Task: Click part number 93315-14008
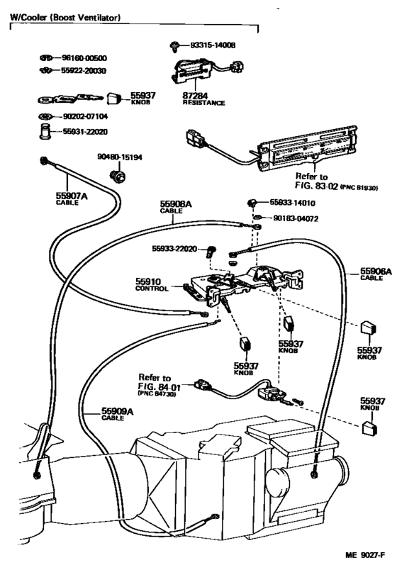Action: point(210,45)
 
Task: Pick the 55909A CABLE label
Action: point(101,413)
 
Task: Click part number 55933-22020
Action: point(175,249)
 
